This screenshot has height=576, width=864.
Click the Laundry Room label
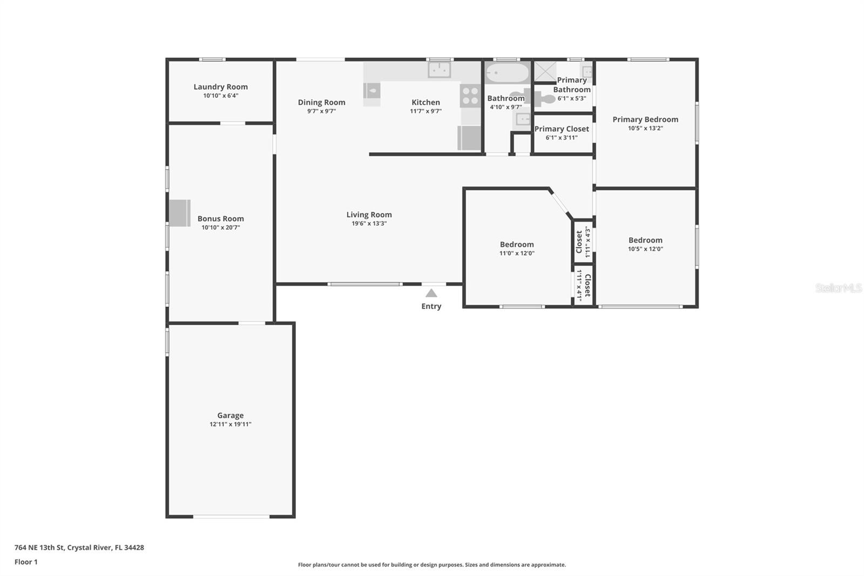pyautogui.click(x=220, y=87)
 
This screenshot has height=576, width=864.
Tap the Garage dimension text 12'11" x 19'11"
pyautogui.click(x=230, y=425)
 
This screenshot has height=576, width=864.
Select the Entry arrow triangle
pyautogui.click(x=431, y=293)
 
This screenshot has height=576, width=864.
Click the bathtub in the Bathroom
pyautogui.click(x=507, y=73)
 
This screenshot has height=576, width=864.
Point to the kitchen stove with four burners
pyautogui.click(x=470, y=96)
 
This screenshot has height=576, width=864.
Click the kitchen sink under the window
pyautogui.click(x=439, y=70)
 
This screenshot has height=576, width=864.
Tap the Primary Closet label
pyautogui.click(x=562, y=129)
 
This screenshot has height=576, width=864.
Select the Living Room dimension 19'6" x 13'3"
pyautogui.click(x=369, y=224)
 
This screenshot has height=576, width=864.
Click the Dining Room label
pyautogui.click(x=321, y=102)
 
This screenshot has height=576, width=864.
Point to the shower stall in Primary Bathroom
pyautogui.click(x=544, y=71)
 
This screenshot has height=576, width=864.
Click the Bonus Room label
pyautogui.click(x=220, y=219)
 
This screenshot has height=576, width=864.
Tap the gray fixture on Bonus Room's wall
pyautogui.click(x=180, y=213)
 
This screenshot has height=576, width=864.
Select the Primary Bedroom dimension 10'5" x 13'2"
pyautogui.click(x=645, y=129)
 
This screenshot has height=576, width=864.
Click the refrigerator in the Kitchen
pyautogui.click(x=469, y=138)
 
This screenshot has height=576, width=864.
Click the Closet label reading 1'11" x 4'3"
pyautogui.click(x=583, y=242)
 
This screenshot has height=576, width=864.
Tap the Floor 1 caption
pyautogui.click(x=26, y=562)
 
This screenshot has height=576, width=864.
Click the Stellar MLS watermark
pyautogui.click(x=838, y=288)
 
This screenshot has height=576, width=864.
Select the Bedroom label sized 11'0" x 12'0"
pyautogui.click(x=517, y=245)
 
